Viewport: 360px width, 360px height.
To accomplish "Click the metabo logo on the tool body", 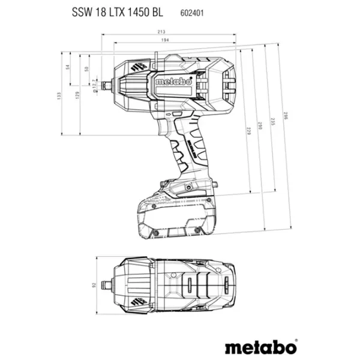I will coord(164,81).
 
